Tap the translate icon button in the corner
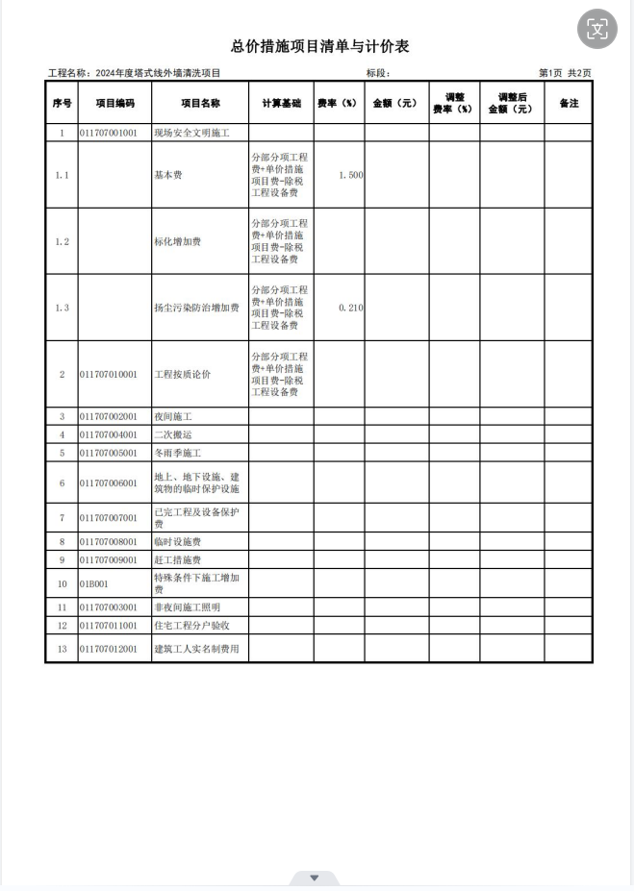click(x=597, y=29)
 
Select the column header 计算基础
click(x=281, y=103)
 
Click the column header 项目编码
click(x=114, y=103)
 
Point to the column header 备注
click(x=569, y=103)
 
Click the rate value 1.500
click(x=351, y=175)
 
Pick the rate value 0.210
click(x=351, y=308)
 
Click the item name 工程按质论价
click(x=183, y=374)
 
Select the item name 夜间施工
click(x=174, y=417)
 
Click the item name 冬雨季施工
click(x=178, y=452)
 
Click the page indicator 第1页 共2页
click(x=565, y=73)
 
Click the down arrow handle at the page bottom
click(x=314, y=879)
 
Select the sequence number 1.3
click(x=62, y=308)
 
